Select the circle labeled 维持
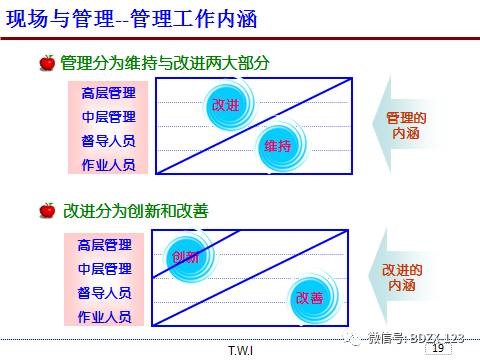point(277,146)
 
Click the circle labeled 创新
point(186,257)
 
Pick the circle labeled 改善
point(309,297)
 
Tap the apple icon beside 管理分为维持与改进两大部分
point(47,63)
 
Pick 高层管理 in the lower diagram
point(105,245)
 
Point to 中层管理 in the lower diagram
point(105,269)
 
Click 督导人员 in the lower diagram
point(105,293)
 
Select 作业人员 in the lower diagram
point(105,317)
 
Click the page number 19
point(436,349)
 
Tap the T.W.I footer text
point(240,351)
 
